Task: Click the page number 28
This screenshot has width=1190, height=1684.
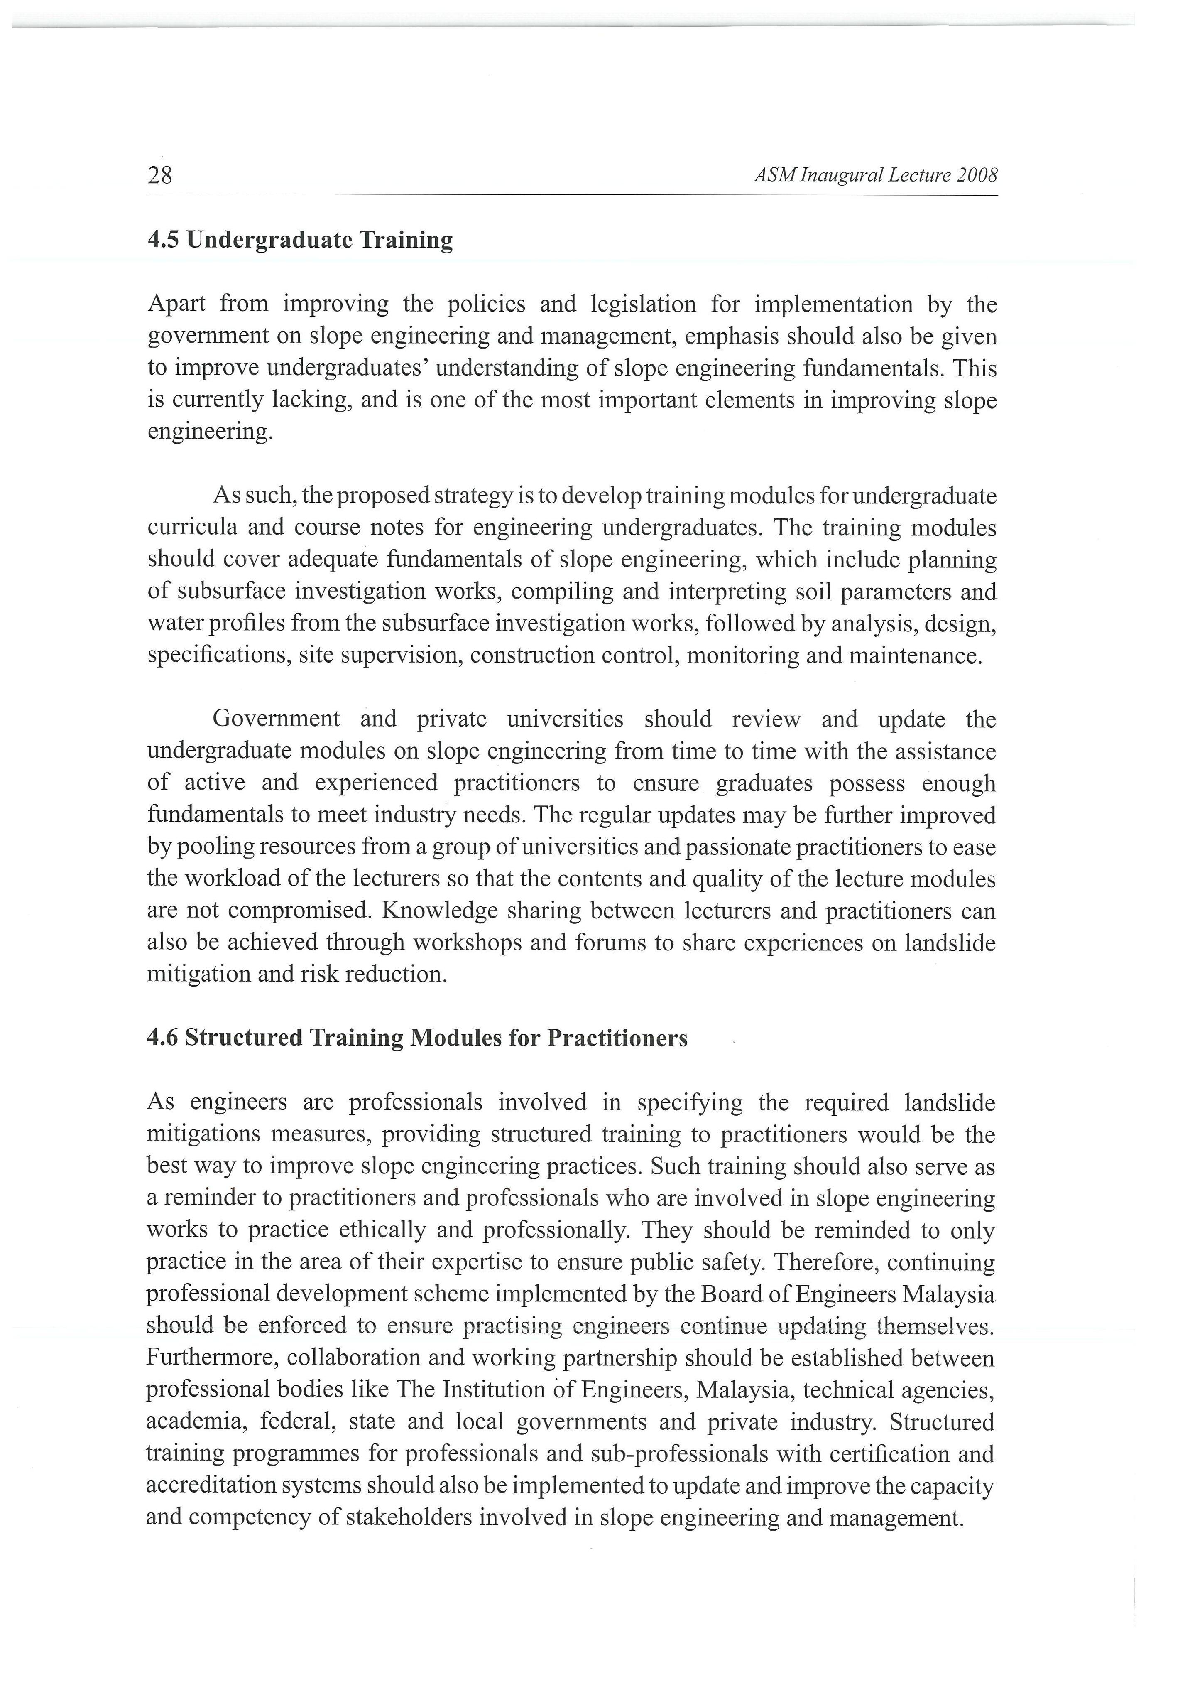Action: (160, 176)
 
